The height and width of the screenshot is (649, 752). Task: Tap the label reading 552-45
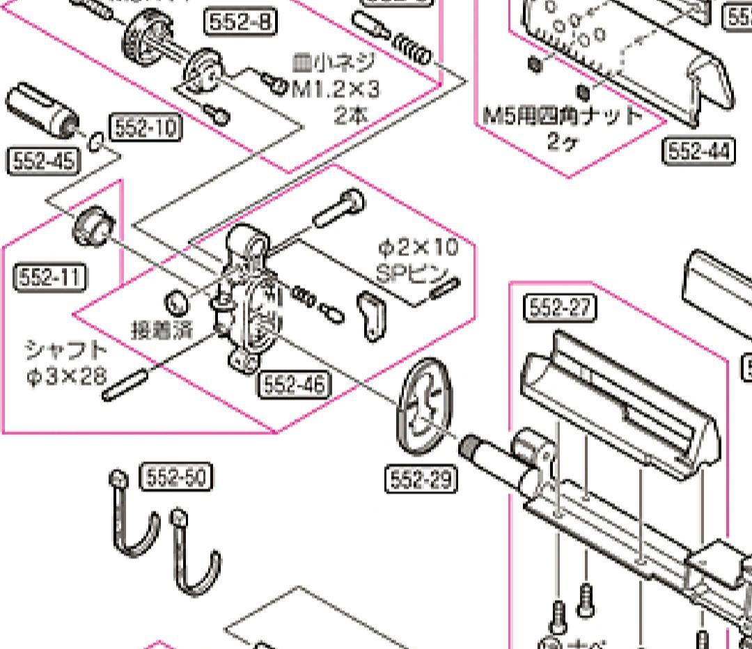42,162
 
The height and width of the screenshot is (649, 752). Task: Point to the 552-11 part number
49,278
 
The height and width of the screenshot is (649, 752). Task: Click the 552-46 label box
293,384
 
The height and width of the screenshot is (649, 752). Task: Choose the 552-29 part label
421,479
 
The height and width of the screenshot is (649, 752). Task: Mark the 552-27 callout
560,308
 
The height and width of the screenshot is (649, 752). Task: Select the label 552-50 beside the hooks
176,478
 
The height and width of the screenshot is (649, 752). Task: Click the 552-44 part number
698,151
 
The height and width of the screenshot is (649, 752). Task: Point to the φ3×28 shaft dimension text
67,377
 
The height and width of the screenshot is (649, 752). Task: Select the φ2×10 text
418,247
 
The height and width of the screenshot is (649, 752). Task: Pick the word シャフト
66,350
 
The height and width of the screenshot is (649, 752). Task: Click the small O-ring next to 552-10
97,141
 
